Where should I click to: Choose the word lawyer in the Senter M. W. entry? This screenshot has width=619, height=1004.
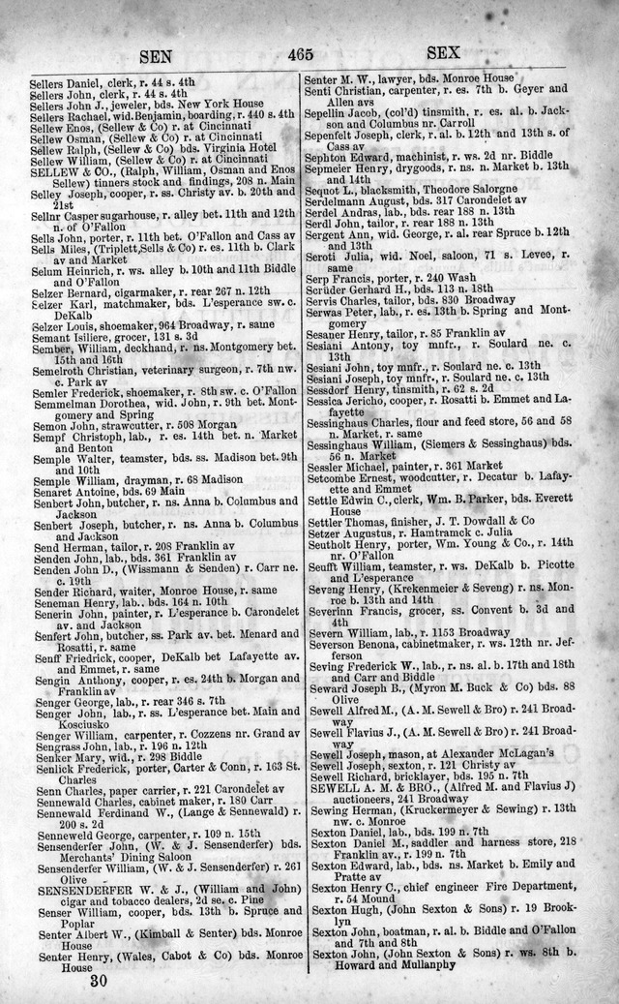click(392, 76)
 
